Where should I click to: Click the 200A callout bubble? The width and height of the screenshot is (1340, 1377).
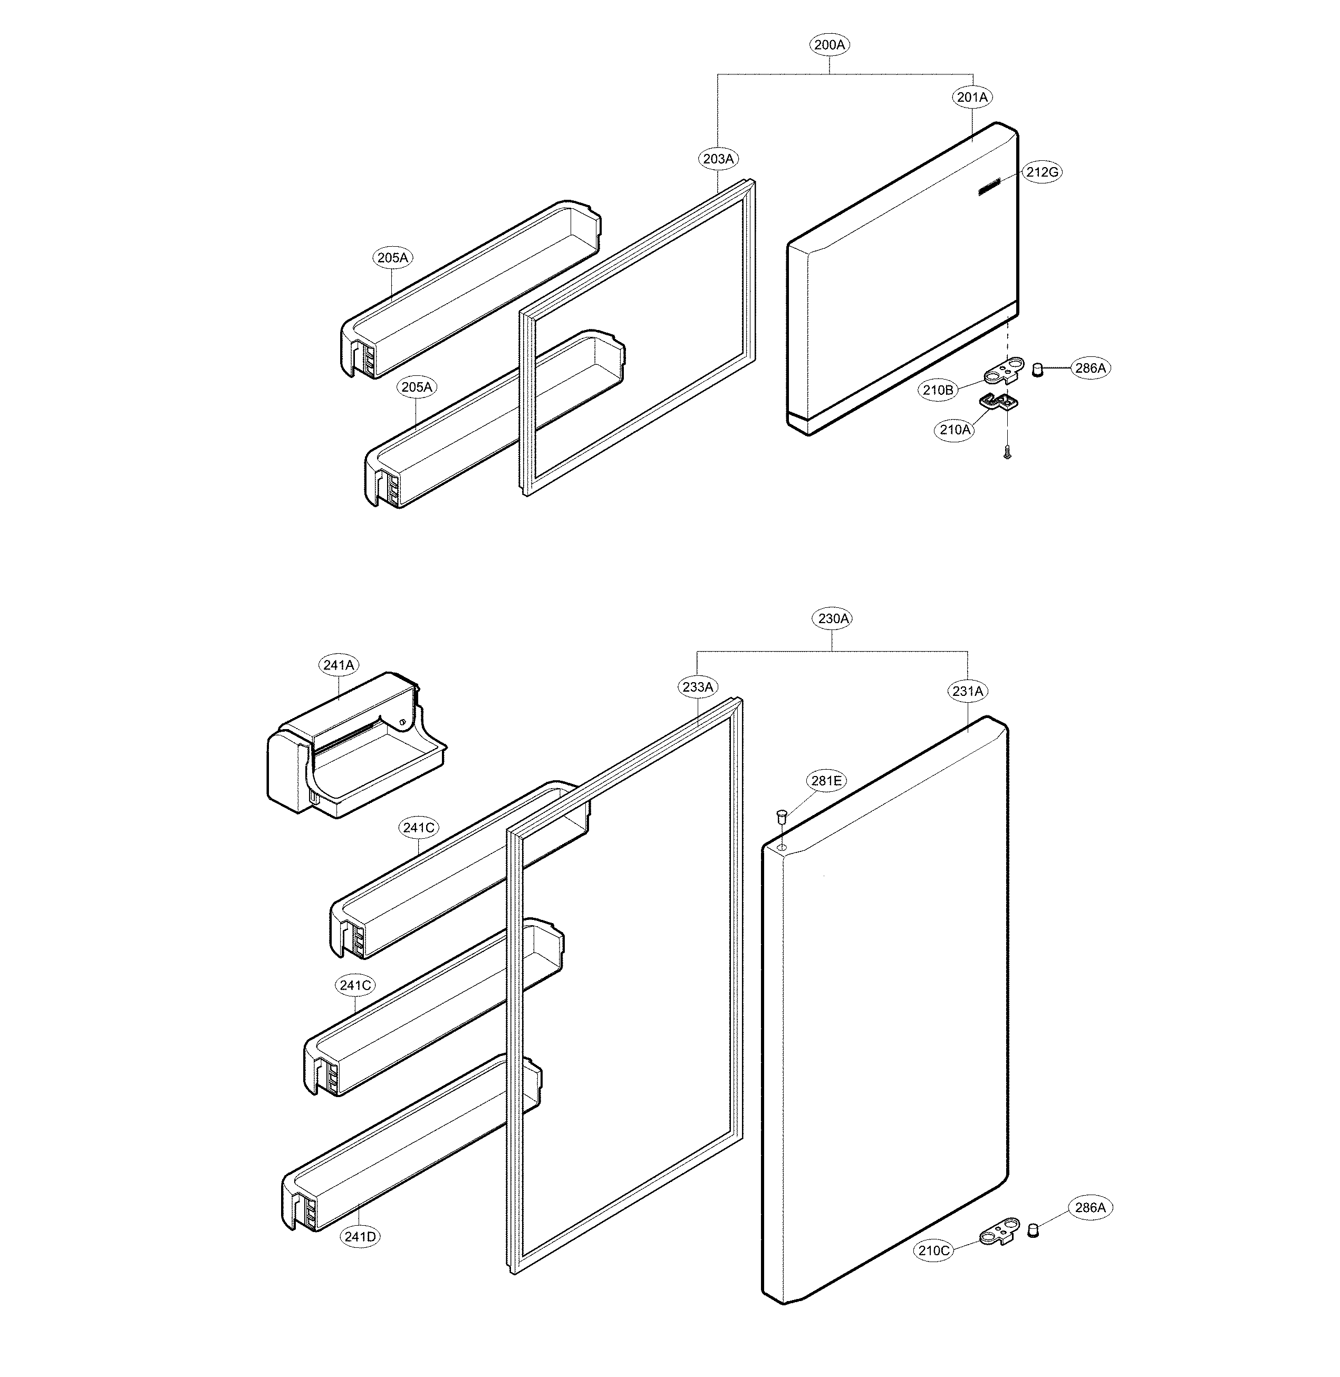(x=829, y=45)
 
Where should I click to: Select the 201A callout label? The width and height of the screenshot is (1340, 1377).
(x=972, y=97)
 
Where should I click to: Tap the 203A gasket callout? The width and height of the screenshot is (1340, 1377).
(x=719, y=159)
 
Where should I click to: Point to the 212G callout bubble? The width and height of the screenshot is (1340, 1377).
(x=1042, y=172)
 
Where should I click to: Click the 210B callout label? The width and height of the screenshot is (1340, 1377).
(x=939, y=390)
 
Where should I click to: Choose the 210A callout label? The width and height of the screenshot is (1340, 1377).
(x=955, y=429)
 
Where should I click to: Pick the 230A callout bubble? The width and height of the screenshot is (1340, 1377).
(x=833, y=619)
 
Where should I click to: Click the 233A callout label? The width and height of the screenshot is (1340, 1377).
(x=698, y=687)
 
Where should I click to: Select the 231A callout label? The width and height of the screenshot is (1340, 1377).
(x=968, y=692)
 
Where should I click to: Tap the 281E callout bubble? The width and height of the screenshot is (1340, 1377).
(x=826, y=781)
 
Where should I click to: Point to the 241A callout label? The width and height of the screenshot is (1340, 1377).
(x=339, y=665)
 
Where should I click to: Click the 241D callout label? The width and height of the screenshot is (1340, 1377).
(x=360, y=1236)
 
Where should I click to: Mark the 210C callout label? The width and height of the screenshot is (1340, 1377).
(x=934, y=1250)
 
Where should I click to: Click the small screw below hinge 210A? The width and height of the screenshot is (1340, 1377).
(x=1007, y=454)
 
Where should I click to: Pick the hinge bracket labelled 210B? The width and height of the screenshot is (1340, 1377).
(x=1004, y=368)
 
